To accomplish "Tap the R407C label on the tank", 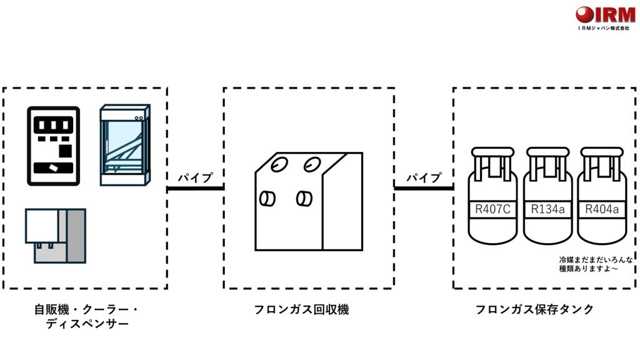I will pos(493,209).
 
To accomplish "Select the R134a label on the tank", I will pos(547,209).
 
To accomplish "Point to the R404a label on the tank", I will pos(601,209).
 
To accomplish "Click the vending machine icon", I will pos(53,146).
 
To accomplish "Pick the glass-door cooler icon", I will pos(126,145).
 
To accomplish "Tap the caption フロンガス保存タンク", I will pos(534,309).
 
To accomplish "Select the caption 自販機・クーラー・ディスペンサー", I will pos(87,317).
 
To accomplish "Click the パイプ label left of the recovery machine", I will pos(196,177).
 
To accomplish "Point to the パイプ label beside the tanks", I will pos(424,177).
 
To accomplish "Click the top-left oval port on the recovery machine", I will pos(279,164).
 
